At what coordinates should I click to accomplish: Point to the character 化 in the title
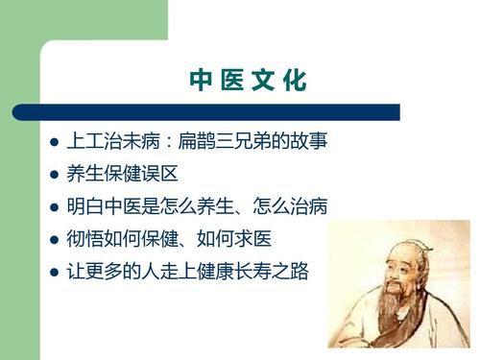point(297,82)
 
